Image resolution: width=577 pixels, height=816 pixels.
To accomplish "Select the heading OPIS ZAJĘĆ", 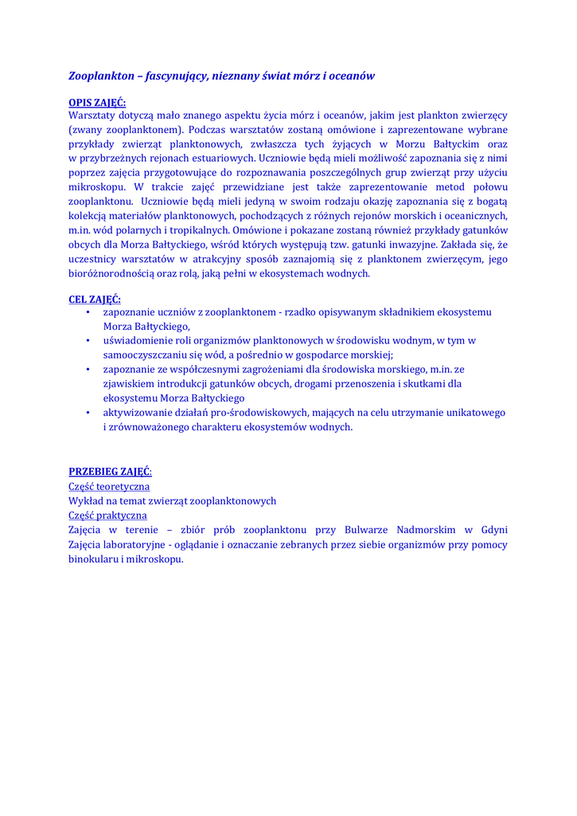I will coord(97,102).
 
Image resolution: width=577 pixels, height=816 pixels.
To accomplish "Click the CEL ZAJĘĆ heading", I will coord(95,299).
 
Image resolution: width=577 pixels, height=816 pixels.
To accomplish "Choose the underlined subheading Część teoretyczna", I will coord(109,486).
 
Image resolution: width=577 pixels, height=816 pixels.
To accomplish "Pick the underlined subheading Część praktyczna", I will coord(107,516).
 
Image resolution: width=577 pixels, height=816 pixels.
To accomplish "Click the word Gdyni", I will coord(494,530).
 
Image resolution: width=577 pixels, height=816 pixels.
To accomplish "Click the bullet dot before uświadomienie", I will coord(87,341).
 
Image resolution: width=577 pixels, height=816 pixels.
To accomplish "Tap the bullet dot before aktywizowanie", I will coord(87,413).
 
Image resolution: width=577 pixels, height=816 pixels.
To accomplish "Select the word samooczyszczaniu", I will coord(146,355).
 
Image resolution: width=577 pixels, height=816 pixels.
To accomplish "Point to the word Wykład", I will coord(85,501).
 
